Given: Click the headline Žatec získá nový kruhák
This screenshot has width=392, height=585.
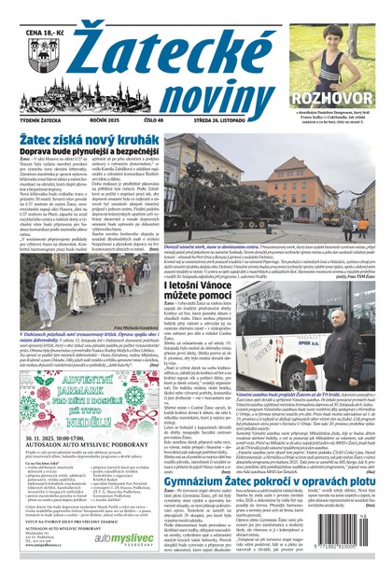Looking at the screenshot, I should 81,138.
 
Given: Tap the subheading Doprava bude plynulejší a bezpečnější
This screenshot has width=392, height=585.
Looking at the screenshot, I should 82,151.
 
